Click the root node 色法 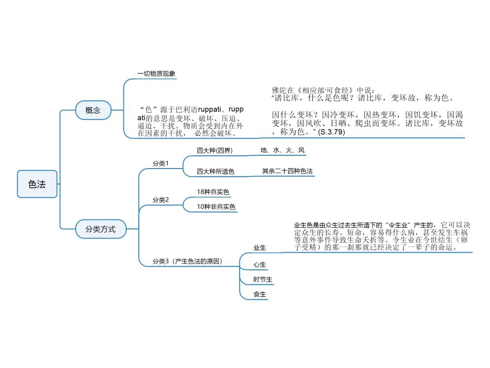[x=37, y=184]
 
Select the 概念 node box [x=93, y=110]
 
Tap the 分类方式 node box [x=100, y=229]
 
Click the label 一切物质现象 [x=156, y=74]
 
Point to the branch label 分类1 [x=161, y=164]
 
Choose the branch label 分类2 [x=161, y=200]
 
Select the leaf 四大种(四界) [x=214, y=150]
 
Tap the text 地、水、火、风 [x=282, y=150]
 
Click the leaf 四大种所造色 [x=216, y=172]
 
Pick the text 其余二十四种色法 [x=288, y=171]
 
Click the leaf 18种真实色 [x=213, y=192]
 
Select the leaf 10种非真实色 [x=216, y=207]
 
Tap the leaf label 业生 [x=260, y=248]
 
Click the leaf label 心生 [x=260, y=264]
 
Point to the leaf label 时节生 [x=263, y=279]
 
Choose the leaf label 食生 [x=260, y=295]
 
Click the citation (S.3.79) [x=332, y=132]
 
